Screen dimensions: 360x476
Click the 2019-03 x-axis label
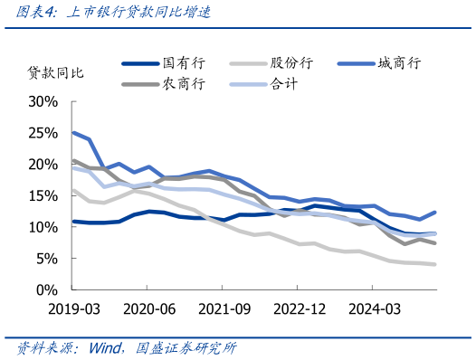[73, 308]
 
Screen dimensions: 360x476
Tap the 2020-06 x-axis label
[148, 308]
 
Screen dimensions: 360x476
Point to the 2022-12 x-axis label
[300, 308]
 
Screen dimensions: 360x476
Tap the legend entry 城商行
[399, 63]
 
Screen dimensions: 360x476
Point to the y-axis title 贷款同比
[56, 71]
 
